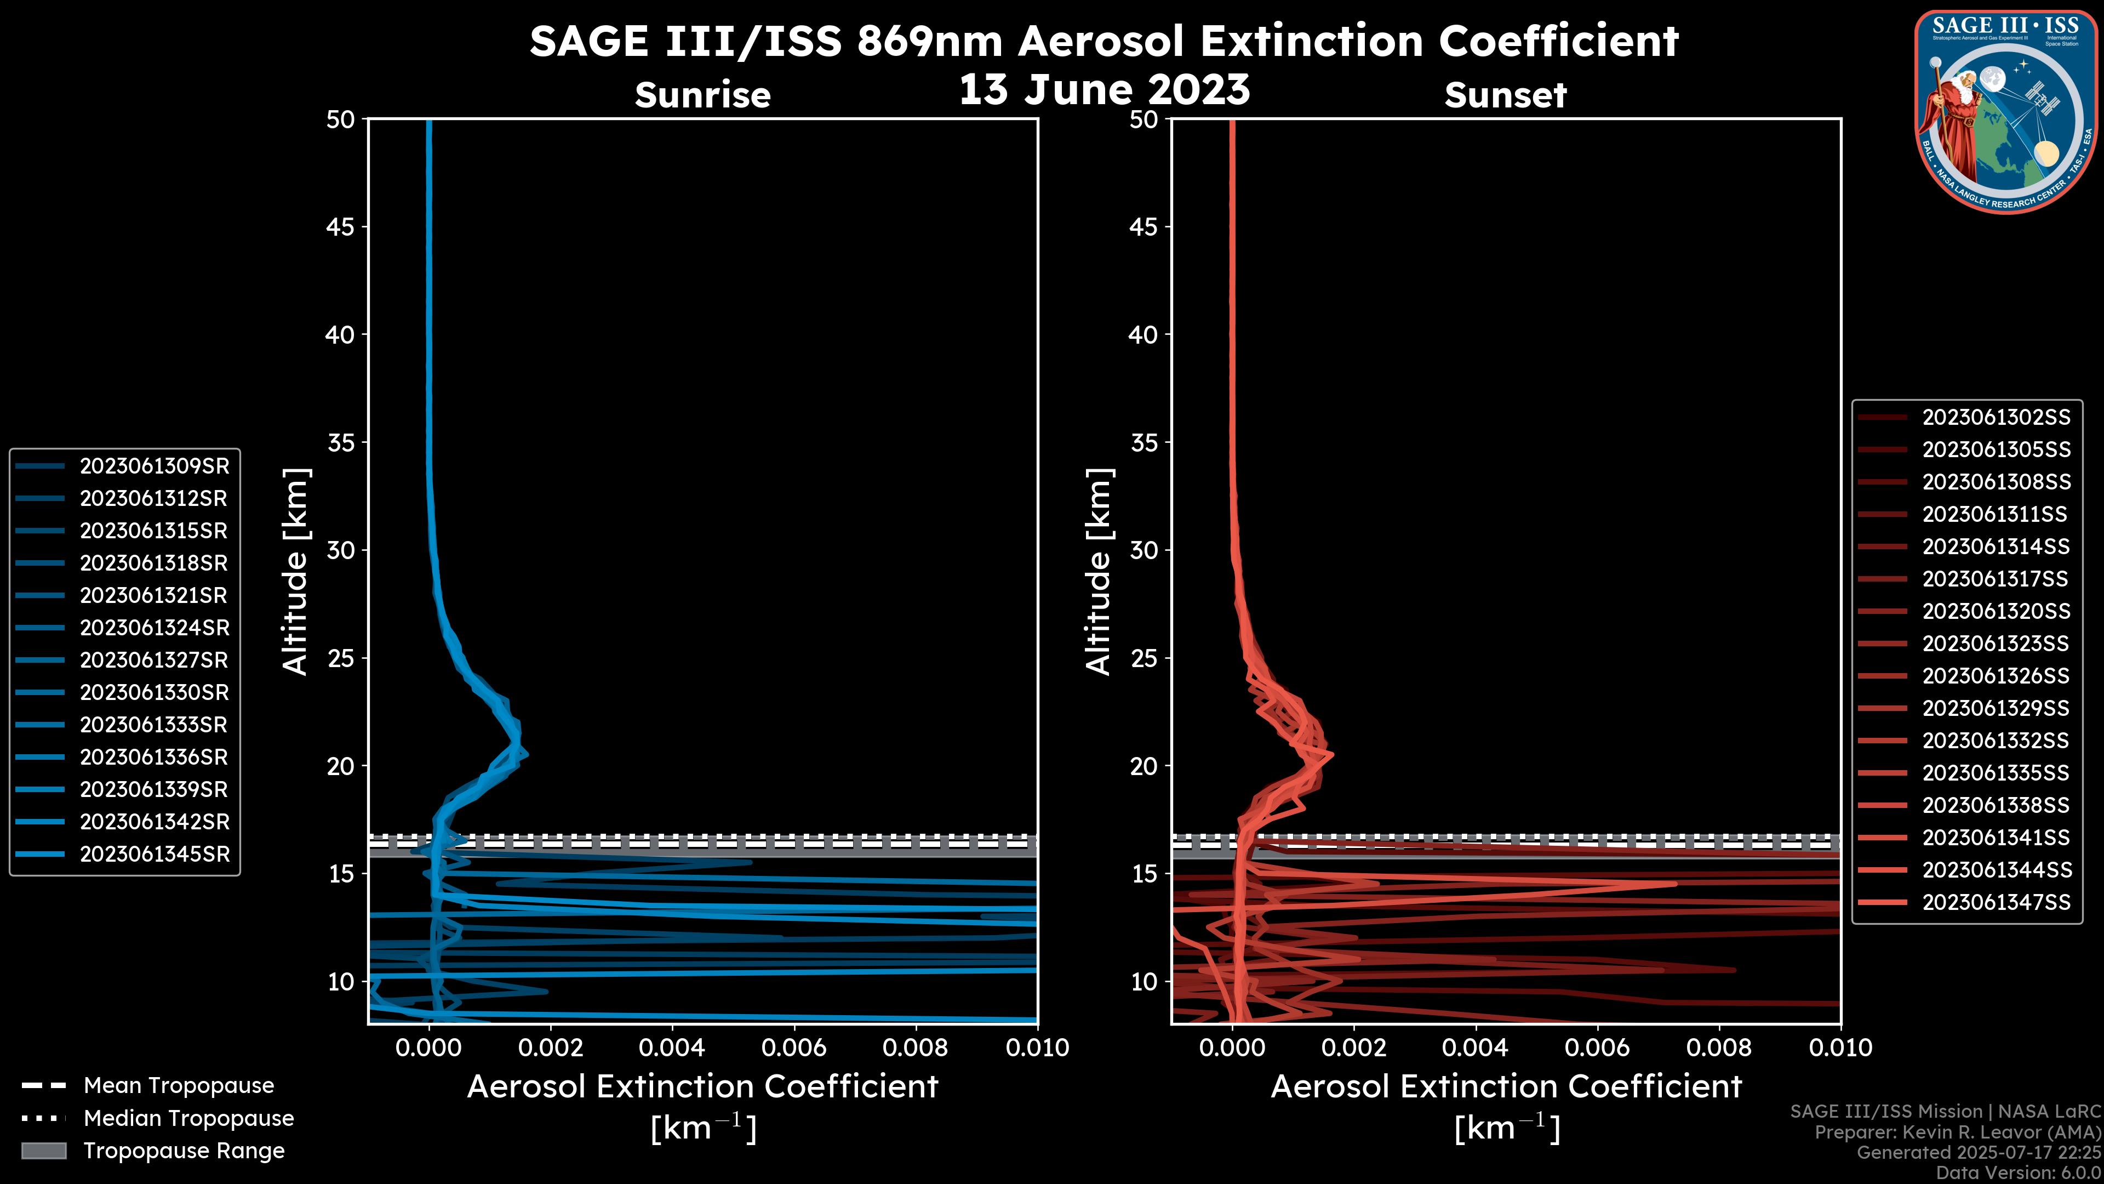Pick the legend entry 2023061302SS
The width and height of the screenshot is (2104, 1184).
click(1996, 418)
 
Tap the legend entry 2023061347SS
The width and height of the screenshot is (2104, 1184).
click(1996, 902)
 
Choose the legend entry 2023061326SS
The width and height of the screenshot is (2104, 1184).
click(1996, 676)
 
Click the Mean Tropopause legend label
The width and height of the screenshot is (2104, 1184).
click(179, 1086)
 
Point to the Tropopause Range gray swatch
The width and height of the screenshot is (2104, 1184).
click(43, 1151)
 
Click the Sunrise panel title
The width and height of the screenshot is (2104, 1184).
click(702, 95)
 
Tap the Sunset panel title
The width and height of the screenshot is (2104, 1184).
click(1505, 95)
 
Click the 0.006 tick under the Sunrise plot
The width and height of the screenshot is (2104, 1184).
click(794, 1048)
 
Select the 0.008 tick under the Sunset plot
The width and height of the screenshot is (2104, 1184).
click(1719, 1048)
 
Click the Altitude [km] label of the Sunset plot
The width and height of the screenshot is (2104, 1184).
click(1099, 572)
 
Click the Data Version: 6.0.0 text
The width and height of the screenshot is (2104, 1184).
click(2019, 1174)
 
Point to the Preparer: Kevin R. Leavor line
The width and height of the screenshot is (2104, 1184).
click(1957, 1132)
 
